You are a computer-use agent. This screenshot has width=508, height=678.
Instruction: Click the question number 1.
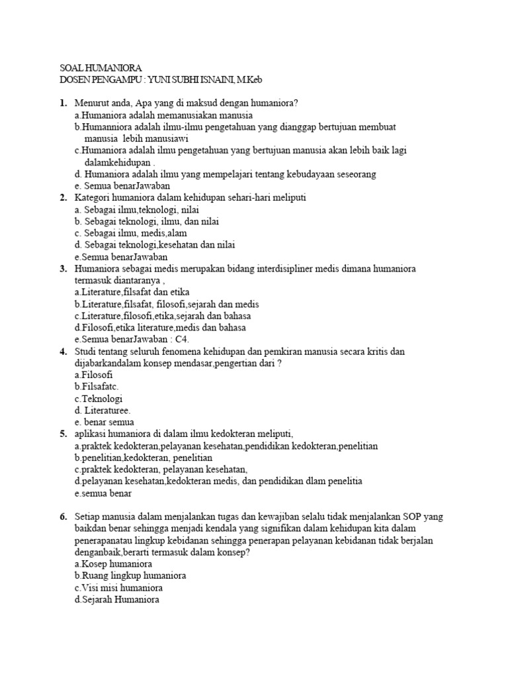63,103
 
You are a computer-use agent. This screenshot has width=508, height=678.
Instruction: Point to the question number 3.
63,269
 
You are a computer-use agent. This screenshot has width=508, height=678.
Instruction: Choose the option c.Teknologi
99,399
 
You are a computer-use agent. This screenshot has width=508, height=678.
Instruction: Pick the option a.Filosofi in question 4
94,375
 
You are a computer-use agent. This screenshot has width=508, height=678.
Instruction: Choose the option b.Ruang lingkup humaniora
130,576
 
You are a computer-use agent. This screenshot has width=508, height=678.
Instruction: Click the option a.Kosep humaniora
114,564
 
